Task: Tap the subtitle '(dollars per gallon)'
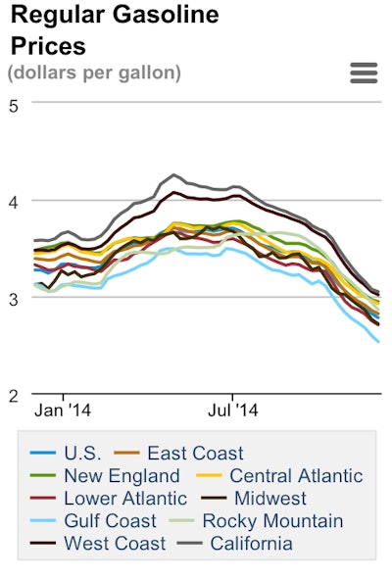click(94, 72)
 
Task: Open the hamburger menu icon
click(364, 73)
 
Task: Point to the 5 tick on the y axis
click(13, 105)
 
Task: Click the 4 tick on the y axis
click(13, 201)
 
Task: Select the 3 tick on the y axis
click(13, 298)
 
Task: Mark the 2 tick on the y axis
click(13, 395)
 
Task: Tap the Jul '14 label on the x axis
click(235, 410)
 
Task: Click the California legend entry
click(251, 543)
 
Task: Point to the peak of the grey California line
click(173, 175)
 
